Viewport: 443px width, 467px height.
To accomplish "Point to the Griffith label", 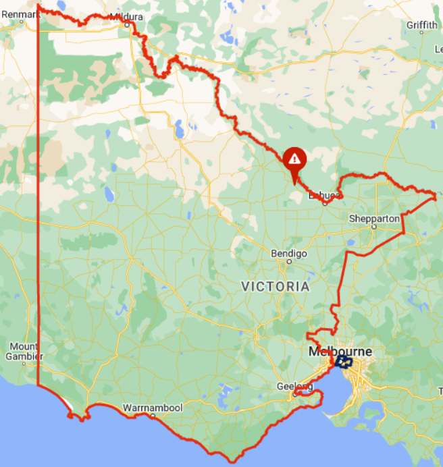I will [422, 25].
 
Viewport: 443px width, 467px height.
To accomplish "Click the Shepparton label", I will [375, 218].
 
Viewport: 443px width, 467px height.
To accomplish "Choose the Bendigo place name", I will [289, 253].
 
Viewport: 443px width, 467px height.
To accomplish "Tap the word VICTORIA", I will [276, 286].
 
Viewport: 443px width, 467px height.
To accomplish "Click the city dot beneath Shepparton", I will [373, 227].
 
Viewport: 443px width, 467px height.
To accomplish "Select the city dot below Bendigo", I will [289, 261].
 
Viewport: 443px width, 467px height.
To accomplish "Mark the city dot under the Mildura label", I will [127, 24].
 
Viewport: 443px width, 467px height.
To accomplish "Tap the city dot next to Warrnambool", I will [153, 416].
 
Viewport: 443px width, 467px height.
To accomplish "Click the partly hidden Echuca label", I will [321, 196].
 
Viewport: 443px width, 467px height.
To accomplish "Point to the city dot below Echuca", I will [325, 202].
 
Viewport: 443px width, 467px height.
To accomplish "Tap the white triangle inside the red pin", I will [294, 159].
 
